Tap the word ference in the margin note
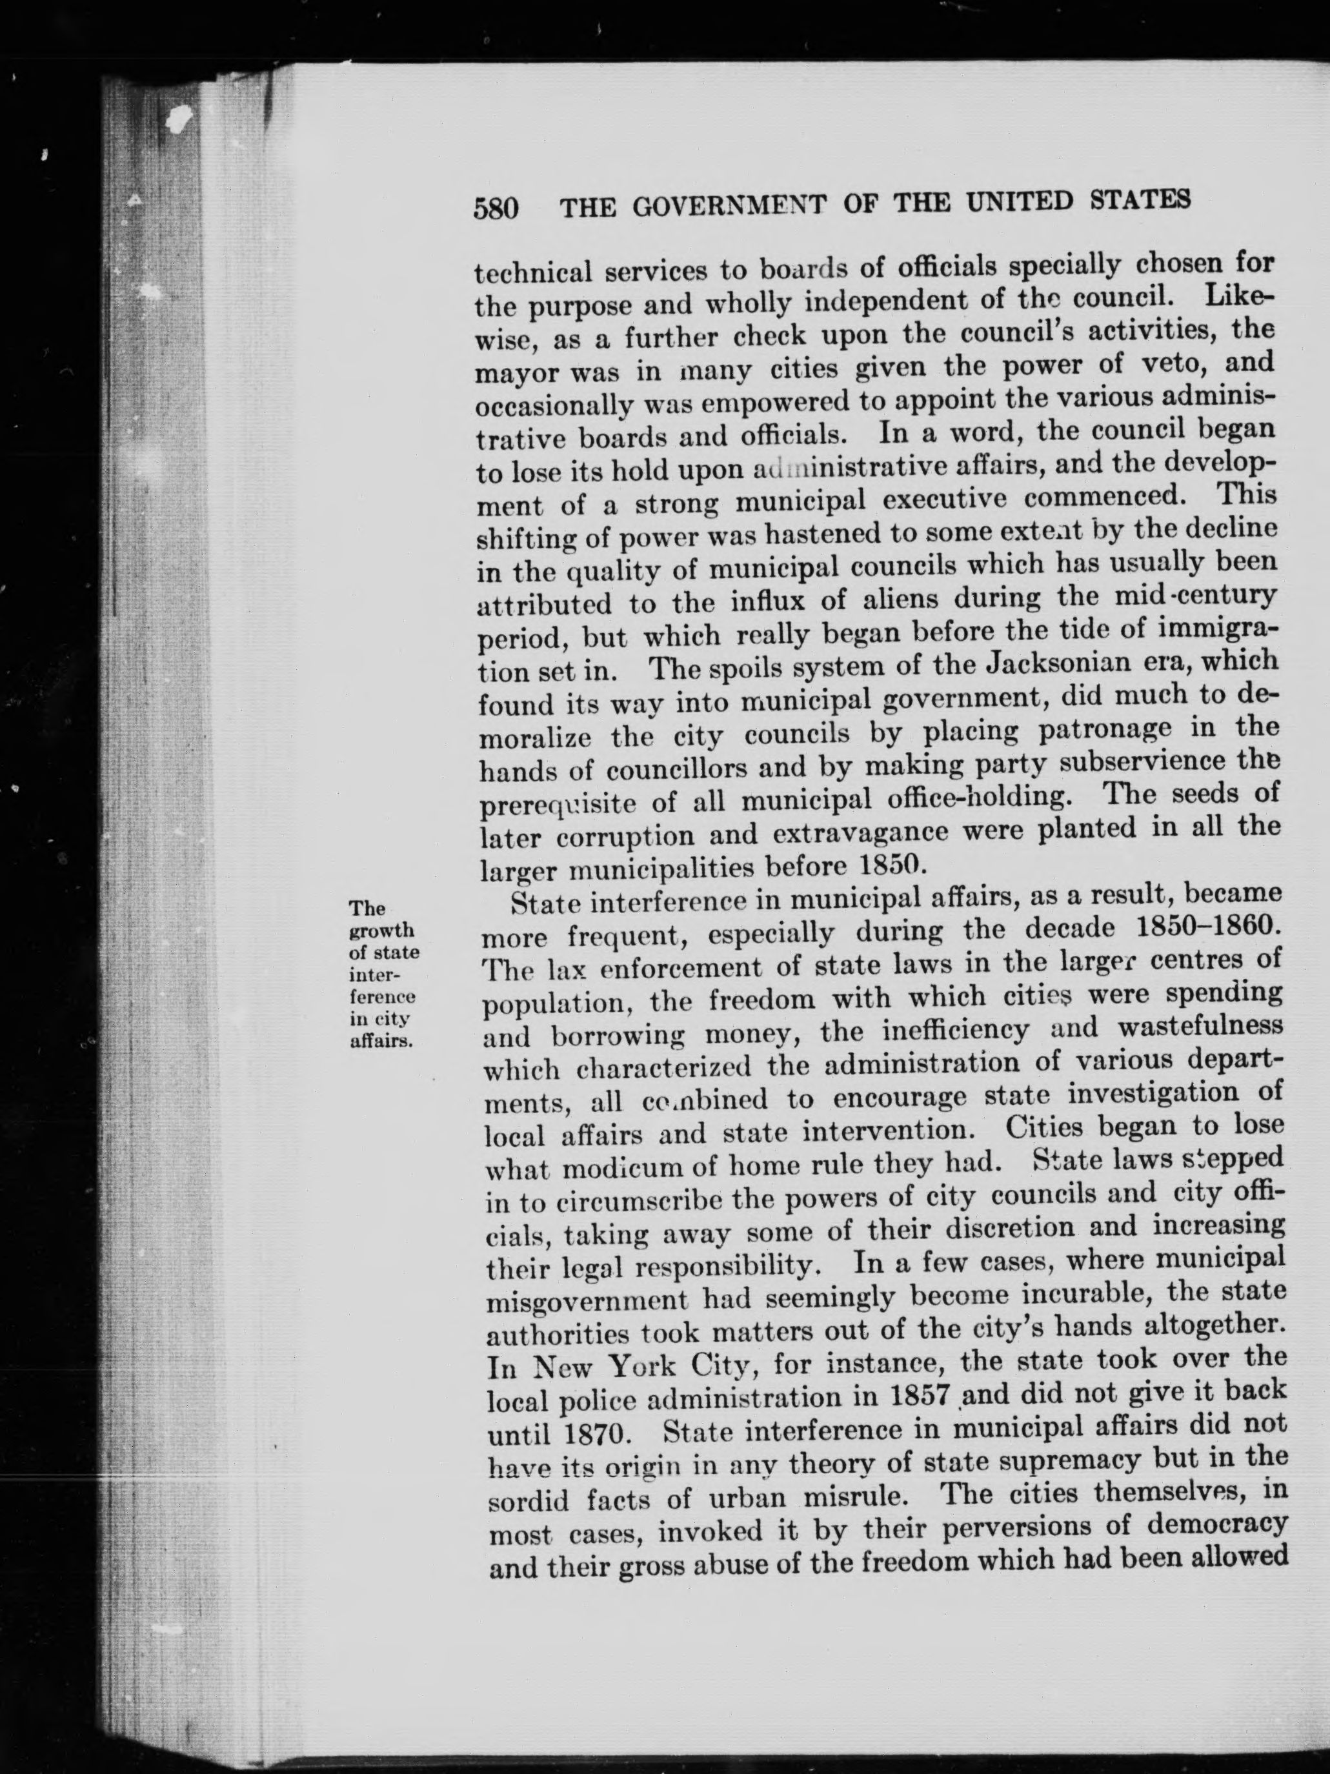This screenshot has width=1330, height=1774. [x=382, y=998]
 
